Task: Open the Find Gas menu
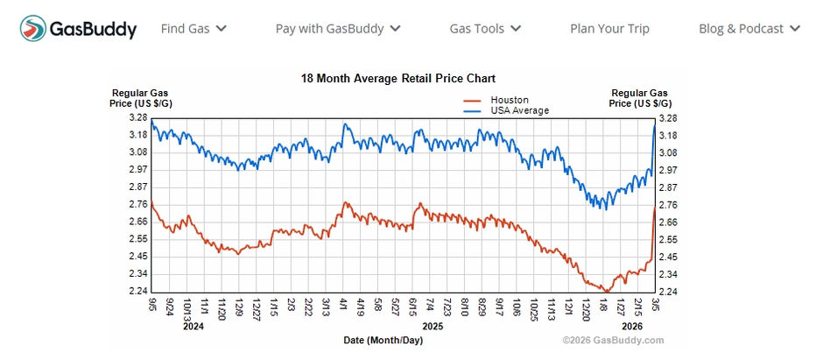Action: coord(193,28)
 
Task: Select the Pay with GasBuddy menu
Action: coord(338,28)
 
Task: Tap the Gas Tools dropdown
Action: coord(485,28)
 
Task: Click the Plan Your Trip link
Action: coord(609,28)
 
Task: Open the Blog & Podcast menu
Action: coord(749,28)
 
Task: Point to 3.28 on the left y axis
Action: coord(138,117)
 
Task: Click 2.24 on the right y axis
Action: coord(667,292)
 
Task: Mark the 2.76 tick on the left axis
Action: coord(138,204)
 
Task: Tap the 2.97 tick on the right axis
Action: coord(667,169)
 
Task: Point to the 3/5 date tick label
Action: coord(654,304)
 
